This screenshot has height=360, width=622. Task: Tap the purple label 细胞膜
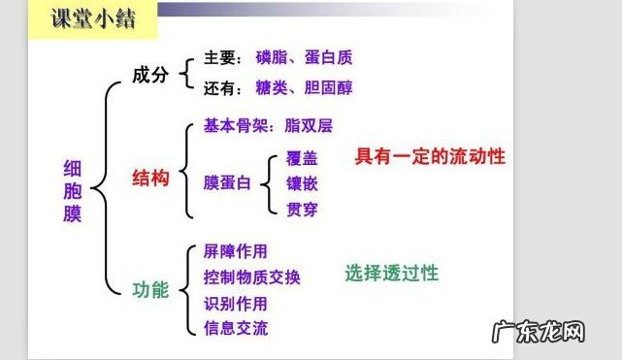[x=73, y=191]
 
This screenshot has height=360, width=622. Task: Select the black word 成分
[x=151, y=76]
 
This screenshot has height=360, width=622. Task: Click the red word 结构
[x=151, y=179]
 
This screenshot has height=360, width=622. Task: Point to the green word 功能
[x=151, y=289]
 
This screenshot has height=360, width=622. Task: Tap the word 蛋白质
[x=333, y=55]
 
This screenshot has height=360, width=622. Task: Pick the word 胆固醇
[x=332, y=88]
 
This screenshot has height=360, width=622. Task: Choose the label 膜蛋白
[x=227, y=182]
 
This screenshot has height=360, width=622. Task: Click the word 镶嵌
[x=302, y=182]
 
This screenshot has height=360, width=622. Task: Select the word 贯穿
[x=302, y=208]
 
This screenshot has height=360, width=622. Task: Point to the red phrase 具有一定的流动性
[x=430, y=155]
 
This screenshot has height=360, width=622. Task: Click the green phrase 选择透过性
[x=391, y=274]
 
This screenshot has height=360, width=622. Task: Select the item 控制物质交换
[x=252, y=278]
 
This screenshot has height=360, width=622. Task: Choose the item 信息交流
[x=236, y=328]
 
